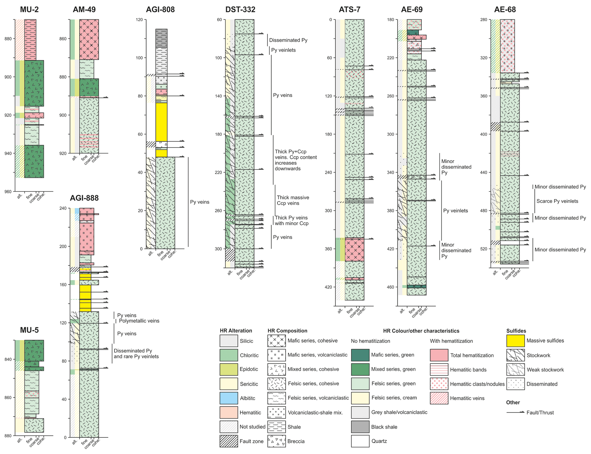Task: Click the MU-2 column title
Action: pyautogui.click(x=29, y=10)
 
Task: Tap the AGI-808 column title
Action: pyautogui.click(x=160, y=10)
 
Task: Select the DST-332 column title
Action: pyautogui.click(x=240, y=10)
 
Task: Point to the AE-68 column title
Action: pyautogui.click(x=505, y=10)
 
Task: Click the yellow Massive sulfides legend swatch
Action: pyautogui.click(x=515, y=341)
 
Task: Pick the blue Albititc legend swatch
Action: pyautogui.click(x=229, y=398)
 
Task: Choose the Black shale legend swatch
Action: pyautogui.click(x=360, y=427)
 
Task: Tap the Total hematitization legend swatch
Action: pyautogui.click(x=439, y=355)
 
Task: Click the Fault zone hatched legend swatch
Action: pyautogui.click(x=229, y=441)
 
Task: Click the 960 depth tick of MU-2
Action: pyautogui.click(x=9, y=191)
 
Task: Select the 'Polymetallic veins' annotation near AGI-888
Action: pyautogui.click(x=139, y=321)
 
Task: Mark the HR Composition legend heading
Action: pyautogui.click(x=287, y=331)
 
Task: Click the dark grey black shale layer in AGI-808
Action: pyautogui.click(x=161, y=38)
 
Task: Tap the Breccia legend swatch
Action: pyautogui.click(x=276, y=441)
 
